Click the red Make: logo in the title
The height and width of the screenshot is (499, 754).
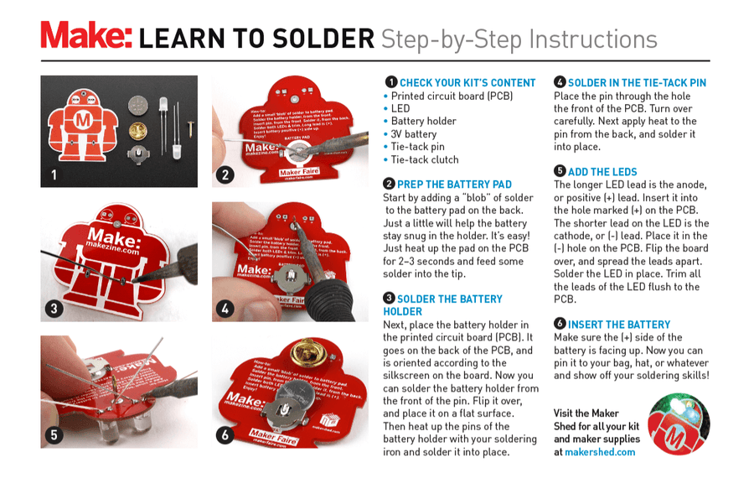tap(86, 37)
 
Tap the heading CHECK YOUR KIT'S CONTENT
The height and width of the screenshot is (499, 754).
tap(467, 83)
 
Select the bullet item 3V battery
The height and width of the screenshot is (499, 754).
tap(413, 134)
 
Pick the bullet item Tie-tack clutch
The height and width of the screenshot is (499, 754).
tap(425, 159)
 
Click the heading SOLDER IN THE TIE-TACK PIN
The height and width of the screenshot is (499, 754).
tap(637, 83)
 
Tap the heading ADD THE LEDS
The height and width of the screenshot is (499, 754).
tap(602, 172)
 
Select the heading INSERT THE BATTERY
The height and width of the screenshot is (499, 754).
tap(619, 325)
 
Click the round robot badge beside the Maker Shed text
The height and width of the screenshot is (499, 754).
tap(679, 424)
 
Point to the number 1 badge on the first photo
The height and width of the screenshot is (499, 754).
tap(54, 175)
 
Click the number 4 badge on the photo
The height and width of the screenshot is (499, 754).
tap(225, 309)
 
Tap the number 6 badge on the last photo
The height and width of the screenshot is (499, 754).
tap(225, 435)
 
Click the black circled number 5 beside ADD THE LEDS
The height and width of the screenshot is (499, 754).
tap(560, 172)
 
